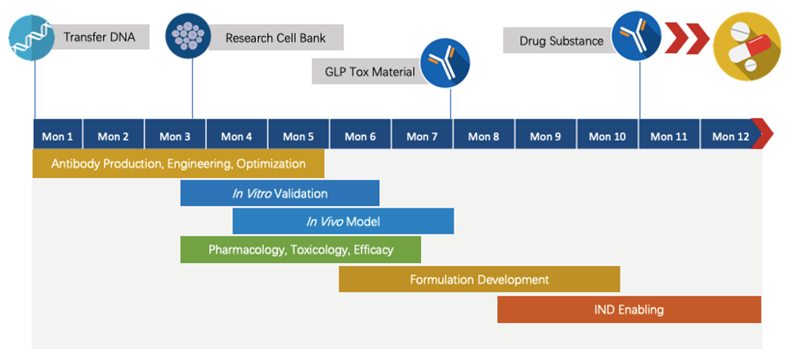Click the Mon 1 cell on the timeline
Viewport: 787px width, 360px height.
tap(58, 136)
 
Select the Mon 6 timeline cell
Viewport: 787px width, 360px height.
tap(361, 136)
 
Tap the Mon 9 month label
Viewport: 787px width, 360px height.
tap(545, 136)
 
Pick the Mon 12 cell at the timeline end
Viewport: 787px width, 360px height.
tap(730, 136)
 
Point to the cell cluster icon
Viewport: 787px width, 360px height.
tap(188, 36)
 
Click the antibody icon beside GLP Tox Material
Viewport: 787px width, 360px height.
tap(445, 63)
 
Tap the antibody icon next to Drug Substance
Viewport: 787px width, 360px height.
tap(636, 36)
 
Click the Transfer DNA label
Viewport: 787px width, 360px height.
tap(99, 37)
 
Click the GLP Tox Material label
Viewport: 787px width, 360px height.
tap(370, 71)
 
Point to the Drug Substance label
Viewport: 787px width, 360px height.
tap(561, 41)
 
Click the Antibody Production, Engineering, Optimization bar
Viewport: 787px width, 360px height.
tap(178, 164)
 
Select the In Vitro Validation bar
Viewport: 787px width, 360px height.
tap(280, 193)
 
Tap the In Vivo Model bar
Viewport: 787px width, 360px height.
tap(342, 221)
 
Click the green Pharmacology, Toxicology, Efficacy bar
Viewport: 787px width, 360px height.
tap(300, 249)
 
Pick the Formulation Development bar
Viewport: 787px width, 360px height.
tap(479, 279)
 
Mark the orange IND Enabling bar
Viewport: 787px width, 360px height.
tap(629, 309)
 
